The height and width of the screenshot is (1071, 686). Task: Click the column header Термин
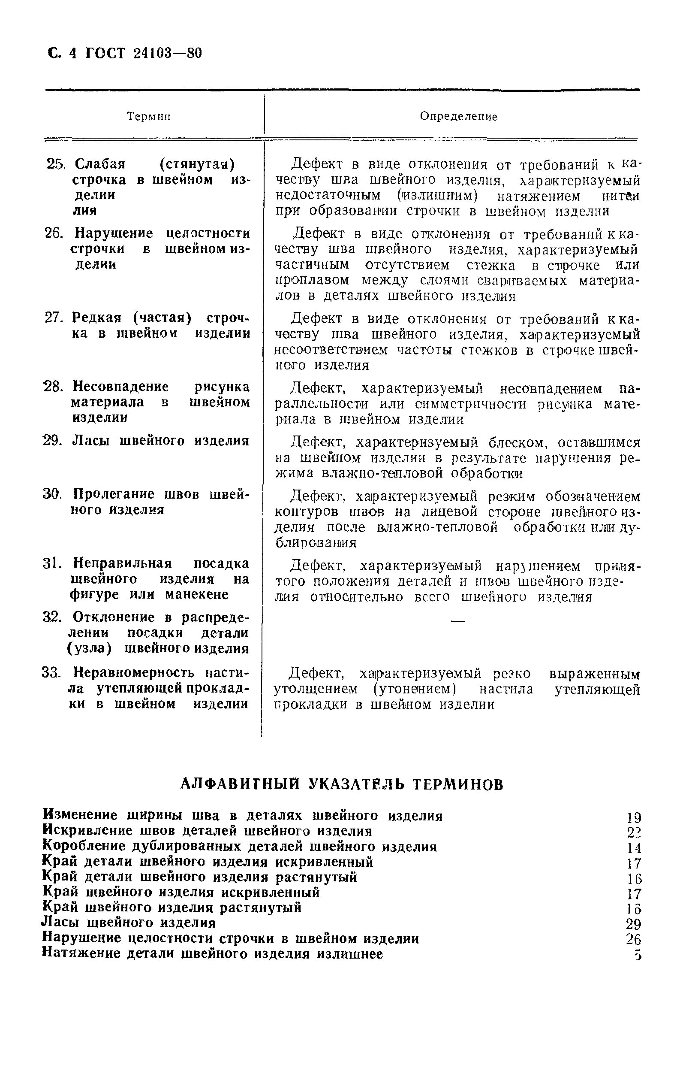pyautogui.click(x=149, y=117)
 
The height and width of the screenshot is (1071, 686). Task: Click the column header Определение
pyautogui.click(x=458, y=117)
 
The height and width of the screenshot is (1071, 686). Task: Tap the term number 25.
pyautogui.click(x=55, y=164)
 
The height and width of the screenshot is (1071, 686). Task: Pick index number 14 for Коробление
pyautogui.click(x=633, y=847)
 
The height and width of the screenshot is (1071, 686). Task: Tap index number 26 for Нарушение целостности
pyautogui.click(x=633, y=939)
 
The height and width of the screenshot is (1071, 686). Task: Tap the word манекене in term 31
pyautogui.click(x=197, y=595)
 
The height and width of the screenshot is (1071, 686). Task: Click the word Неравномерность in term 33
pyautogui.click(x=133, y=672)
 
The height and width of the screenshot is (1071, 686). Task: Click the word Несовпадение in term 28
pyautogui.click(x=121, y=387)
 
